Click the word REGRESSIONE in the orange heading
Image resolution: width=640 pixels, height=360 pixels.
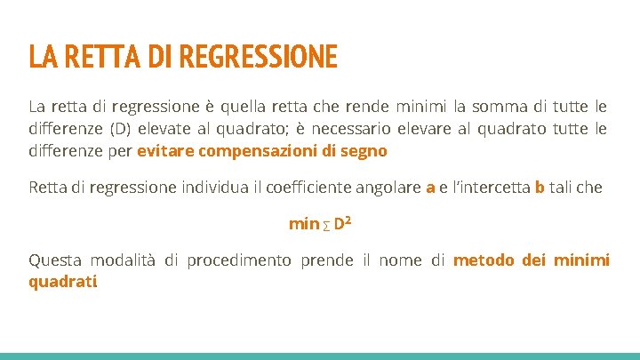[258, 58]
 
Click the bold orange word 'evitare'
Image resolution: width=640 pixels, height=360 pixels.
[165, 151]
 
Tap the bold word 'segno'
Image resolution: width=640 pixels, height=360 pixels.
[364, 151]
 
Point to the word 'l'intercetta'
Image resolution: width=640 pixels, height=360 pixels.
[490, 188]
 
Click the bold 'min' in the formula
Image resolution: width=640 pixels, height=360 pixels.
[303, 224]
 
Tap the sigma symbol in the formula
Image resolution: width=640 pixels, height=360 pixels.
[326, 226]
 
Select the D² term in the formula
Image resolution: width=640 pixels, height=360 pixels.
[343, 223]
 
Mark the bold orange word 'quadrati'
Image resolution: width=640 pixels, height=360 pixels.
[62, 283]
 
